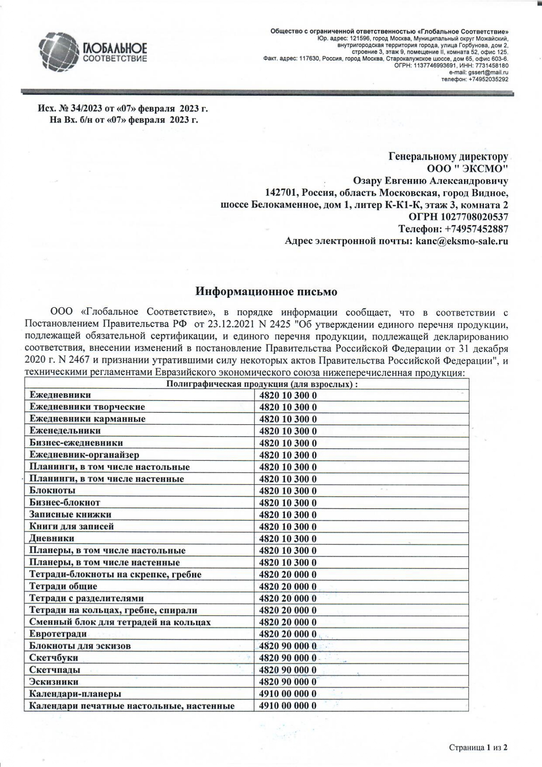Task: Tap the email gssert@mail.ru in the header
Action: click(488, 72)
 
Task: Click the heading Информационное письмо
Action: click(266, 291)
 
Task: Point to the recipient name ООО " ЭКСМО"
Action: click(467, 169)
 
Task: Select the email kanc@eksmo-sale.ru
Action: click(462, 241)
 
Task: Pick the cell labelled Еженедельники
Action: click(65, 431)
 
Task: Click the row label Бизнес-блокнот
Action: click(65, 503)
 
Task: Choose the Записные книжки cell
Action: click(70, 514)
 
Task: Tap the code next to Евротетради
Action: click(288, 634)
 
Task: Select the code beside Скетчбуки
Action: click(288, 658)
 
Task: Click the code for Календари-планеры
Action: click(288, 694)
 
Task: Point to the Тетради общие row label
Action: click(63, 586)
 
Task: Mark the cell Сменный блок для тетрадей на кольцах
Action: click(120, 622)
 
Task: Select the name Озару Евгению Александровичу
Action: click(430, 181)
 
